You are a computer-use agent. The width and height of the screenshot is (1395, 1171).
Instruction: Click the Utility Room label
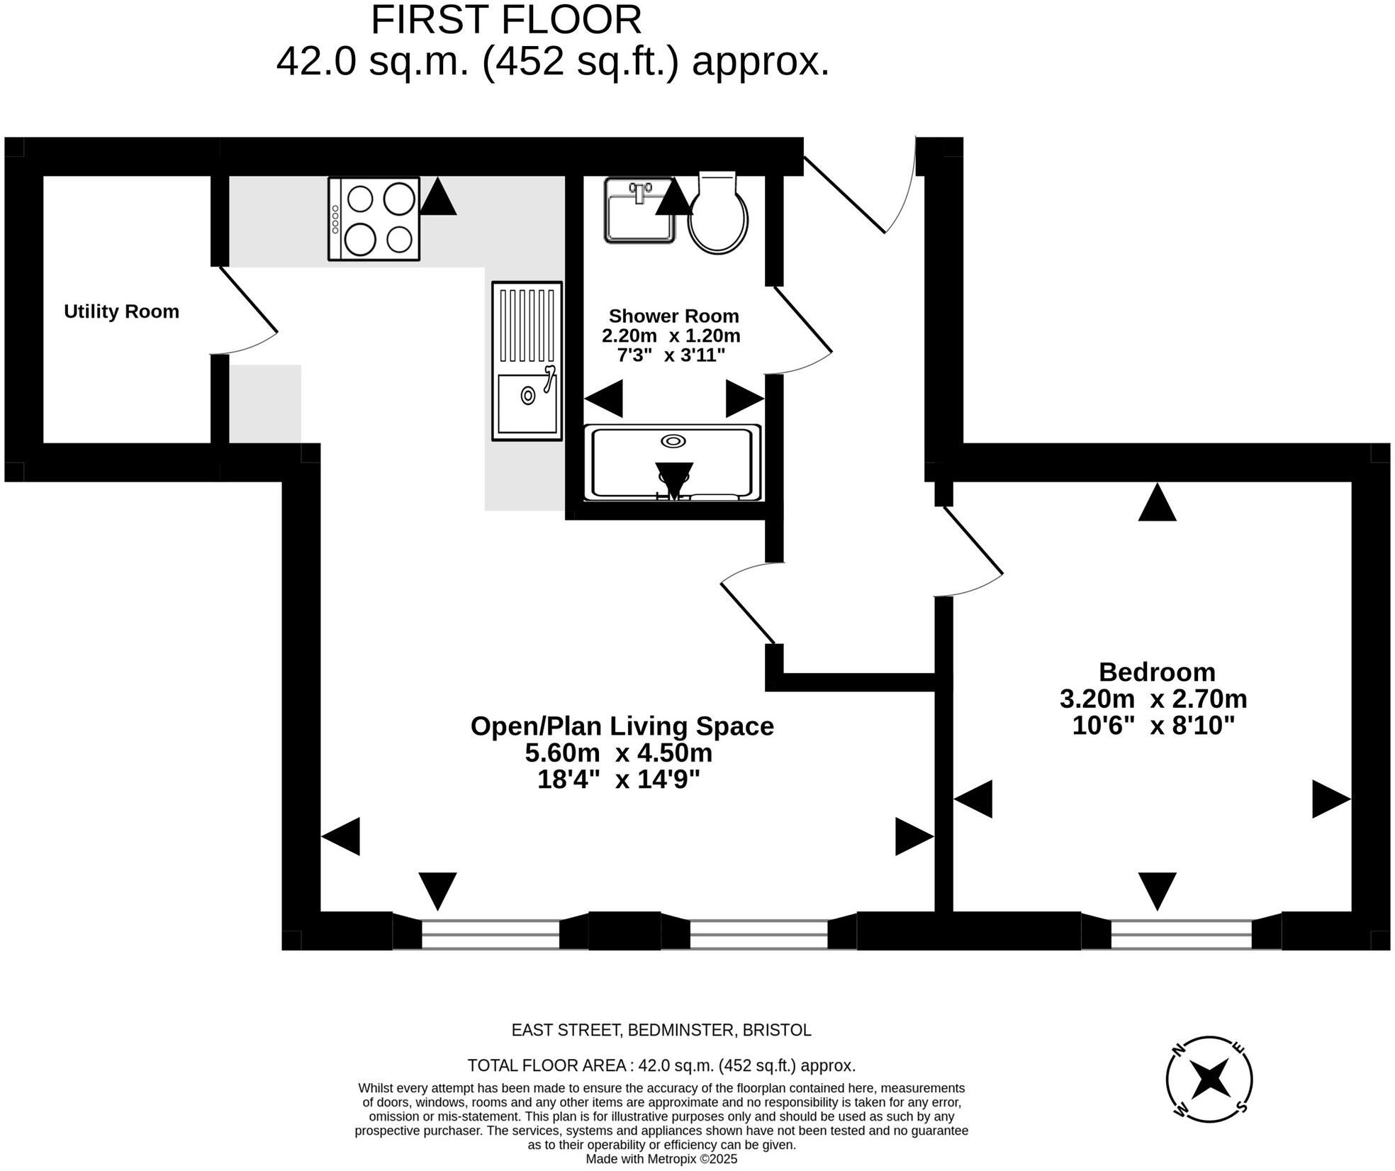point(121,311)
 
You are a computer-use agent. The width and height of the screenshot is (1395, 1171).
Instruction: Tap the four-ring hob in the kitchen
point(374,218)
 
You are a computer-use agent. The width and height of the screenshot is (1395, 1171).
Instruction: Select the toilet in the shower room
point(717,213)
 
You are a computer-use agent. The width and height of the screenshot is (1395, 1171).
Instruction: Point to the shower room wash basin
point(639,211)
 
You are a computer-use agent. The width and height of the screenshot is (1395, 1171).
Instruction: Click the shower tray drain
point(673,441)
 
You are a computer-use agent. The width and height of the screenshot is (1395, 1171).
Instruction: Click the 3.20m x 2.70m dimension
point(1153,699)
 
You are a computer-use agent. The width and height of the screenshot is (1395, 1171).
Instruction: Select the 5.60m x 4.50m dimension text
point(618,752)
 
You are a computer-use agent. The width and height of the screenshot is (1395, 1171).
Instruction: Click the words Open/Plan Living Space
point(622,726)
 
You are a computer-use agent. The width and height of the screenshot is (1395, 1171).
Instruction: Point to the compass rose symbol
point(1209,1079)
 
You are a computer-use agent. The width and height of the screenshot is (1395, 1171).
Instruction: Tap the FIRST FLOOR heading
point(505,20)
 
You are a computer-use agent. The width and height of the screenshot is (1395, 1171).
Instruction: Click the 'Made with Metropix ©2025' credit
point(661,1159)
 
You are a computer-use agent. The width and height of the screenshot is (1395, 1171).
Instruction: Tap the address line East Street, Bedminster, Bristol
point(661,1029)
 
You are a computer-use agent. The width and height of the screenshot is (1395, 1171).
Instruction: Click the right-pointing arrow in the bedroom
point(1330,799)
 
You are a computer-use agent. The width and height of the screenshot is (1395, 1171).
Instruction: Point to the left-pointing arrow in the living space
point(342,836)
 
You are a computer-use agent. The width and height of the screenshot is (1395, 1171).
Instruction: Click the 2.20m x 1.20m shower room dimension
point(671,335)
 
